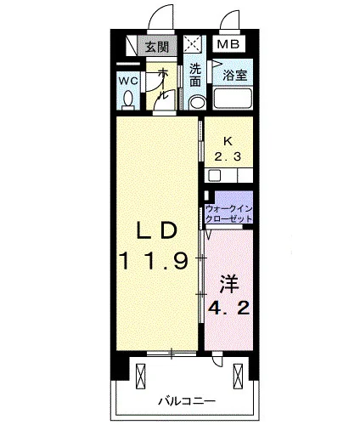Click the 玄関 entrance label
point(157,47)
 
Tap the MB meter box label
point(228,44)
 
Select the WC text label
point(128,82)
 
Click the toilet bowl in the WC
point(128,99)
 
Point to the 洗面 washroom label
point(195,75)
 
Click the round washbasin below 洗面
point(197,103)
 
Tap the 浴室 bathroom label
point(234,76)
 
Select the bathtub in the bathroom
point(233,99)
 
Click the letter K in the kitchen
point(228,141)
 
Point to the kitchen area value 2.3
point(228,156)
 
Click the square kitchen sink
point(214,176)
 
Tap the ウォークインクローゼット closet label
point(228,214)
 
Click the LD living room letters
point(156,230)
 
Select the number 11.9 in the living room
point(154,261)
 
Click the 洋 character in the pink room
point(228,284)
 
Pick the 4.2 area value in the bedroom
point(228,308)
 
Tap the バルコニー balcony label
point(187,401)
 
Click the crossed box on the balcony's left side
point(140,376)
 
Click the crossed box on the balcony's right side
point(238,376)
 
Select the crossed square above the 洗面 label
point(193,43)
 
